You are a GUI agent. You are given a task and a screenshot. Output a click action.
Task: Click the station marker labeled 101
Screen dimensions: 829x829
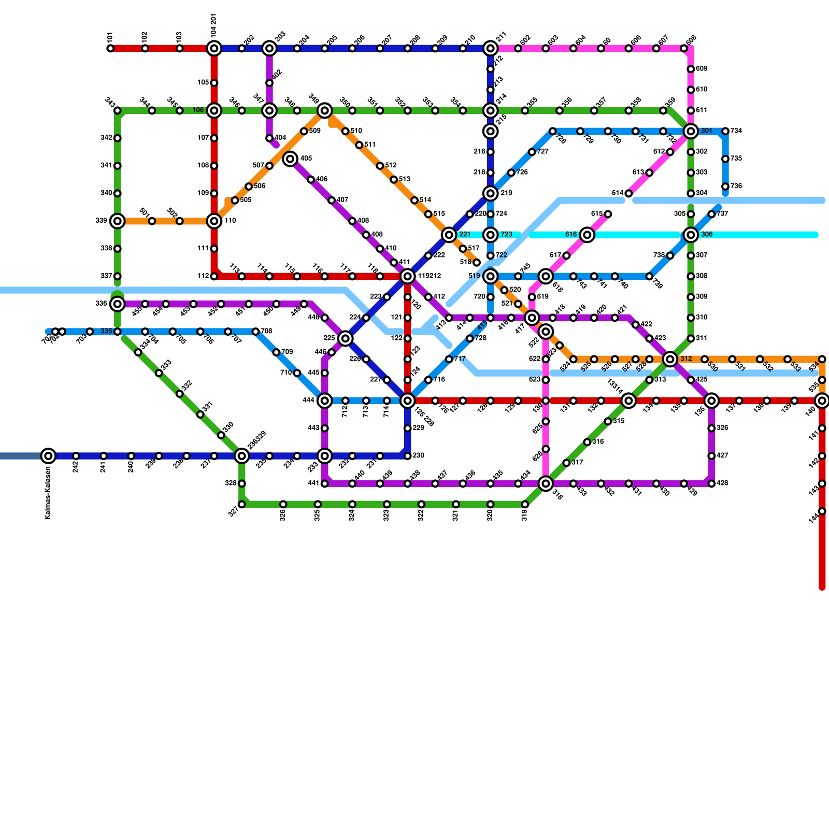click(110, 49)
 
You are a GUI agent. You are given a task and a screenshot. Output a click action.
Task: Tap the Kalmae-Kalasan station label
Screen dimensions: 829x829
click(48, 493)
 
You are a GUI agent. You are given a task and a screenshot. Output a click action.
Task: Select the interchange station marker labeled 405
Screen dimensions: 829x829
click(290, 159)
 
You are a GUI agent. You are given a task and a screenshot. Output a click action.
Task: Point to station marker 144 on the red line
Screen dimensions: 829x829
click(822, 511)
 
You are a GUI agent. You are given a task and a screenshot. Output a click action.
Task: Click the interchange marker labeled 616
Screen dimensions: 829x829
click(587, 235)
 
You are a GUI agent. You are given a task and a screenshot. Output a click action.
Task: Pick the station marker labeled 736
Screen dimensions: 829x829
click(725, 187)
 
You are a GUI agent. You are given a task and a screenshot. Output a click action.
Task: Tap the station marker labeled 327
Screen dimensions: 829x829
click(242, 504)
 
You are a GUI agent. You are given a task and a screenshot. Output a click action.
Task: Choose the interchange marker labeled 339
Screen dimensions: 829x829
click(118, 221)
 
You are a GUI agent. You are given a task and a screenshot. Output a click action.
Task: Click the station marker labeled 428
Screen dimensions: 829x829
click(711, 483)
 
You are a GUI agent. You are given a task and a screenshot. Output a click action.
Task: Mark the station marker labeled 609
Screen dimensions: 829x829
click(691, 69)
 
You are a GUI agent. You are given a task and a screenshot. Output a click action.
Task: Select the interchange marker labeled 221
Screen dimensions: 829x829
click(449, 235)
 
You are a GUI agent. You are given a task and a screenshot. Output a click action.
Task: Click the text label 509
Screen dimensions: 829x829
click(315, 131)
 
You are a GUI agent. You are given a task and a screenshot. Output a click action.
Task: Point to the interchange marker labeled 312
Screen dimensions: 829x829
click(670, 359)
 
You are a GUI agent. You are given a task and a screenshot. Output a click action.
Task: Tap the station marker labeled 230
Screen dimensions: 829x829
click(408, 456)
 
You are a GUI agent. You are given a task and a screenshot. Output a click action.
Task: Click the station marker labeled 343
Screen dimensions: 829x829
click(118, 111)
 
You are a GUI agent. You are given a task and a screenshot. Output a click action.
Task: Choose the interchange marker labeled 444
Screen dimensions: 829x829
click(325, 401)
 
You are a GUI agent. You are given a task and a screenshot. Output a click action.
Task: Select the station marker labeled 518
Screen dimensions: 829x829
click(477, 263)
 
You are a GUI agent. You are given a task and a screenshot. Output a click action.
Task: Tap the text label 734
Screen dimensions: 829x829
click(736, 131)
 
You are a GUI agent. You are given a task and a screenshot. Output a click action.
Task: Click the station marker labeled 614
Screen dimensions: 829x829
click(628, 194)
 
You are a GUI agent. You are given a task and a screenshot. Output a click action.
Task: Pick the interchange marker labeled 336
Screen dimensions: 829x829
click(118, 304)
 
